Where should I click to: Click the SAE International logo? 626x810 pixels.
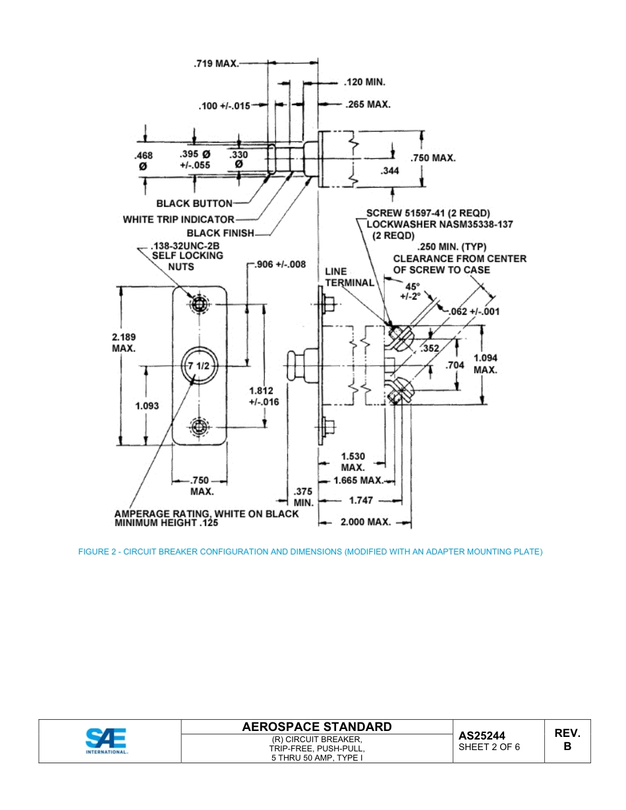tap(106, 740)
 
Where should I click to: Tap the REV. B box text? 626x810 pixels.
tap(567, 740)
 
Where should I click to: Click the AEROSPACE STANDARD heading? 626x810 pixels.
tap(316, 727)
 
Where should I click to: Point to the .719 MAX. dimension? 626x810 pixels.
tap(215, 64)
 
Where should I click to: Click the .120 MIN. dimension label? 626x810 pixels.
tap(364, 82)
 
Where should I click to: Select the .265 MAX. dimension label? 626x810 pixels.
tap(368, 104)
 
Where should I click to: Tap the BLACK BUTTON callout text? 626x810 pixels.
tap(194, 203)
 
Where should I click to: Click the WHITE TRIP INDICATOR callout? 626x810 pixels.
tap(179, 219)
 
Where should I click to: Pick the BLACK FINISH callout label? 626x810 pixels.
tap(220, 233)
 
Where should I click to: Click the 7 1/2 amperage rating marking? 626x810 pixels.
tap(199, 366)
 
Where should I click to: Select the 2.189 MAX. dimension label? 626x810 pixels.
tap(124, 342)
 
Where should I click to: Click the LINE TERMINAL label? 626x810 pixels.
tap(349, 277)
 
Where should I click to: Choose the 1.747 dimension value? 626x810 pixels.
tap(361, 500)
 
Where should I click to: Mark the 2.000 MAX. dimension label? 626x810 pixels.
tap(365, 522)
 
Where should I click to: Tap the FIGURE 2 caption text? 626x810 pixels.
tap(310, 551)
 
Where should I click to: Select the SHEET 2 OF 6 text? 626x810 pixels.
tap(489, 747)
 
